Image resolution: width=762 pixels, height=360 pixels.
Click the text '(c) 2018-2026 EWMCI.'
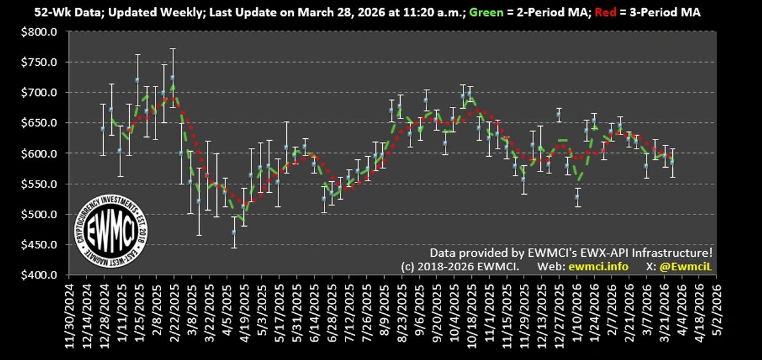[x=460, y=267]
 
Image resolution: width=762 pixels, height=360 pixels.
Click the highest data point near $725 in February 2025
[x=173, y=78]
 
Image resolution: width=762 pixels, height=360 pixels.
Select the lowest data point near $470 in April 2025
[x=234, y=232]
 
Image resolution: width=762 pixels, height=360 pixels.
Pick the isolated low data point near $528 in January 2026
[x=577, y=197]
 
